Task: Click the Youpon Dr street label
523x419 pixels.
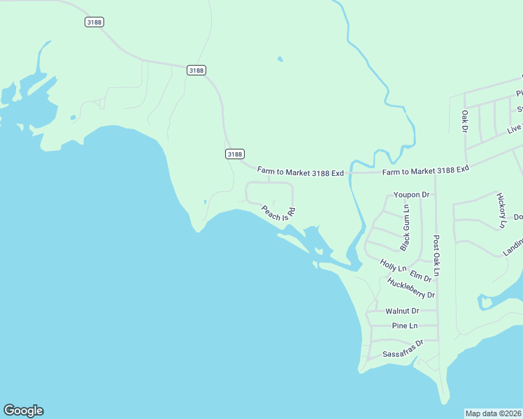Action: click(411, 194)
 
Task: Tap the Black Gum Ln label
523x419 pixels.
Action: click(405, 227)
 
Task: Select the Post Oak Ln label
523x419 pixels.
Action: click(436, 256)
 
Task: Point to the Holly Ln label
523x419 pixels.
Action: click(393, 265)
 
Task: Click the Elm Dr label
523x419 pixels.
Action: click(421, 276)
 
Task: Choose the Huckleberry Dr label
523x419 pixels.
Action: click(411, 288)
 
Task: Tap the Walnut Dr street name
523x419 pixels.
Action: click(402, 311)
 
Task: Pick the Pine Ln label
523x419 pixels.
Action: click(405, 326)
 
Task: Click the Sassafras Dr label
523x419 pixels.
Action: click(403, 349)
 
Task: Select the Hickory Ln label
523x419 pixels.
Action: click(501, 210)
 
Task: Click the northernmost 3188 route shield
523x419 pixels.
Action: click(94, 22)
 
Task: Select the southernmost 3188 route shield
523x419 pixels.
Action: click(235, 154)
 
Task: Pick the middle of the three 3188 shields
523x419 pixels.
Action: click(196, 70)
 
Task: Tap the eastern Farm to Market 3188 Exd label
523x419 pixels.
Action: click(425, 171)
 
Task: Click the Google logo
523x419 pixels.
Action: click(23, 411)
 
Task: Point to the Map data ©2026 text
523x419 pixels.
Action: click(494, 413)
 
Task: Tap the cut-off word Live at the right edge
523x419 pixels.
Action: click(515, 128)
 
